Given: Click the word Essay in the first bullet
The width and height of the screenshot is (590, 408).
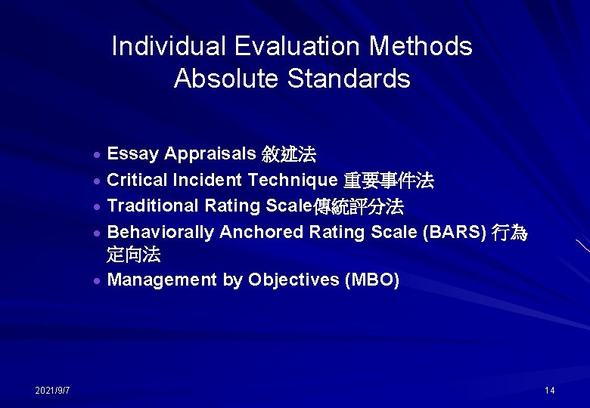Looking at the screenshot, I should click(x=132, y=155).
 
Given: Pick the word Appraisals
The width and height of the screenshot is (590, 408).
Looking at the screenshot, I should click(x=210, y=155).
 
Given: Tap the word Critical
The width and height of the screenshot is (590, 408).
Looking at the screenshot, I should click(x=137, y=180).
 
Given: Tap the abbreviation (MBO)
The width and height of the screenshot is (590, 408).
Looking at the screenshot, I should click(x=371, y=280).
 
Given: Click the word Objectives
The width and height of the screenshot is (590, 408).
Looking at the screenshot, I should click(x=293, y=280).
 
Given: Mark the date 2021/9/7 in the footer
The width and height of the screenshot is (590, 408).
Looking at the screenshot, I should click(x=52, y=390).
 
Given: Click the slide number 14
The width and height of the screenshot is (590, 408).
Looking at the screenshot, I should click(x=549, y=390).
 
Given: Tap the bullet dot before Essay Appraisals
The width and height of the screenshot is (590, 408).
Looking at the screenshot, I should click(x=98, y=156).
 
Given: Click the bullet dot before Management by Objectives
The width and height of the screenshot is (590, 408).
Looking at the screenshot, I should click(x=98, y=281).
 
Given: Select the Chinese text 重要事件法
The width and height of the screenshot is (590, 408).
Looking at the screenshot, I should click(x=389, y=181).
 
